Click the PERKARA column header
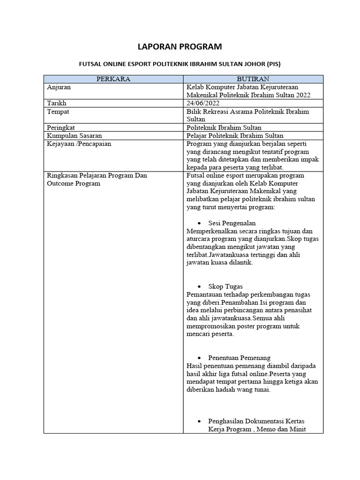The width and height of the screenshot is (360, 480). click(113, 79)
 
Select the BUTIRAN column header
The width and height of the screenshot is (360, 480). click(253, 79)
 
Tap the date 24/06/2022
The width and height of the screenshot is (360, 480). click(202, 103)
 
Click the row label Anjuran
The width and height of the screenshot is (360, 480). click(60, 87)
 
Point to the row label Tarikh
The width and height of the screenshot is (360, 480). click(57, 103)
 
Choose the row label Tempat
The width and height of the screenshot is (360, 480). click(58, 112)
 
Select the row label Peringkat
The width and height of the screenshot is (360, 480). click(61, 127)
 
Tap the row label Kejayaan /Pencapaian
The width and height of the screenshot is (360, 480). click(79, 144)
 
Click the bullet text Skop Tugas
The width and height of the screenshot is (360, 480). click(225, 286)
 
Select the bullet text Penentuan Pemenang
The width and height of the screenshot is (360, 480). click(239, 358)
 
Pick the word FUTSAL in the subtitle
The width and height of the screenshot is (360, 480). click(90, 63)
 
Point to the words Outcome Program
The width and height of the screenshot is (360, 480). click(74, 183)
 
